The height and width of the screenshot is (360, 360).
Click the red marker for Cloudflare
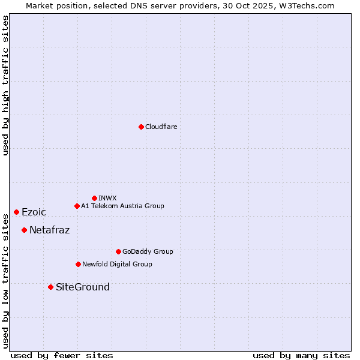[141, 127]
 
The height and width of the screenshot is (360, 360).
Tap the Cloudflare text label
[161, 127]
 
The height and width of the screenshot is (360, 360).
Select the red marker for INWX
[94, 198]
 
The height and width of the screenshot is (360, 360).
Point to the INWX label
[107, 198]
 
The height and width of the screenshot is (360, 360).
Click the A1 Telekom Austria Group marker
[77, 206]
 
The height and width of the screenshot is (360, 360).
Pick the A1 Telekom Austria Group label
[122, 206]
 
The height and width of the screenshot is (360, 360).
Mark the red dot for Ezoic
[16, 212]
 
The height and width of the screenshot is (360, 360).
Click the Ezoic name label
[34, 212]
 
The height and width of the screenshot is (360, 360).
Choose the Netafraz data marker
[24, 230]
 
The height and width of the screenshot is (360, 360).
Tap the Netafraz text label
[49, 230]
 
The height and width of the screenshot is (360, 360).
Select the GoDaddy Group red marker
[118, 251]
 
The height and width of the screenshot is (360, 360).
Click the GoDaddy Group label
[148, 252]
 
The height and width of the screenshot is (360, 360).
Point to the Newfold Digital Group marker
[78, 264]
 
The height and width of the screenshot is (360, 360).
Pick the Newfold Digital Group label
[117, 265]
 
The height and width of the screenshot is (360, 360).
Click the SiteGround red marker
[50, 287]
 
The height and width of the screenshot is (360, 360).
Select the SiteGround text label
[83, 287]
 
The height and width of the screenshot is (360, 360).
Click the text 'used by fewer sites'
[62, 355]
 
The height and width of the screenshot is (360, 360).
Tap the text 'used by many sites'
[301, 355]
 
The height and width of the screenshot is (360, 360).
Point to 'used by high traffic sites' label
[5, 85]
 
